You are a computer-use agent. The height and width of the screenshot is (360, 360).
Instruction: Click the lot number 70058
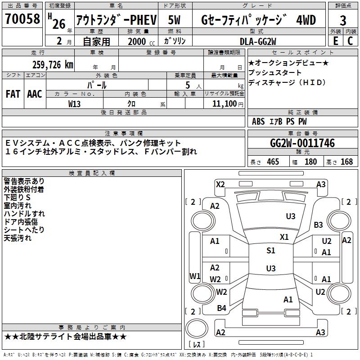click(x=22, y=19)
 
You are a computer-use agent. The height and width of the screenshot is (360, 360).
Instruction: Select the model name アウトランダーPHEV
click(x=116, y=20)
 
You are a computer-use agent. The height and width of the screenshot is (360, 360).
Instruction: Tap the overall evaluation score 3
click(x=343, y=20)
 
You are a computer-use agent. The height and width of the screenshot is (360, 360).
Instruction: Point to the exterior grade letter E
click(x=335, y=40)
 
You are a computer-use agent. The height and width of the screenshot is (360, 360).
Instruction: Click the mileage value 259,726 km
click(x=53, y=65)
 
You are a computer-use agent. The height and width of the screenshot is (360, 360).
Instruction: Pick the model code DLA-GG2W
click(x=257, y=41)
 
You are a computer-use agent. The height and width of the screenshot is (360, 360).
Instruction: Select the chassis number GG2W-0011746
click(x=302, y=143)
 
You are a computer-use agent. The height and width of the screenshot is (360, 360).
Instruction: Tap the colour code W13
click(x=75, y=104)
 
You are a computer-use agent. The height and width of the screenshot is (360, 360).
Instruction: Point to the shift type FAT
click(x=13, y=94)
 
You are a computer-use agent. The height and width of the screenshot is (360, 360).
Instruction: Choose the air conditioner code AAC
click(x=35, y=94)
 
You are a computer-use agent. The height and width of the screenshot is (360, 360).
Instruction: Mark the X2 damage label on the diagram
click(x=220, y=184)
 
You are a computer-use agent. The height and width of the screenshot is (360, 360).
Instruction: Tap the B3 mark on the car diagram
click(x=319, y=225)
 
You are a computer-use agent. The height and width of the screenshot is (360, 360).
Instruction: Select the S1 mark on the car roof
click(x=270, y=251)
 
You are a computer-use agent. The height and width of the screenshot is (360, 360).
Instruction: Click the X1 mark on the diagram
click(x=284, y=237)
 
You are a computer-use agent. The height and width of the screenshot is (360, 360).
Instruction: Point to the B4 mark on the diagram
click(x=221, y=308)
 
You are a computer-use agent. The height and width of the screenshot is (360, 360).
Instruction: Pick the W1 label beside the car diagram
click(x=194, y=276)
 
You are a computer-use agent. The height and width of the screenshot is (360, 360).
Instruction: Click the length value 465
click(x=273, y=162)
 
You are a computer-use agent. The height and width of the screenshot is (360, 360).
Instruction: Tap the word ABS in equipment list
click(x=258, y=121)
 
